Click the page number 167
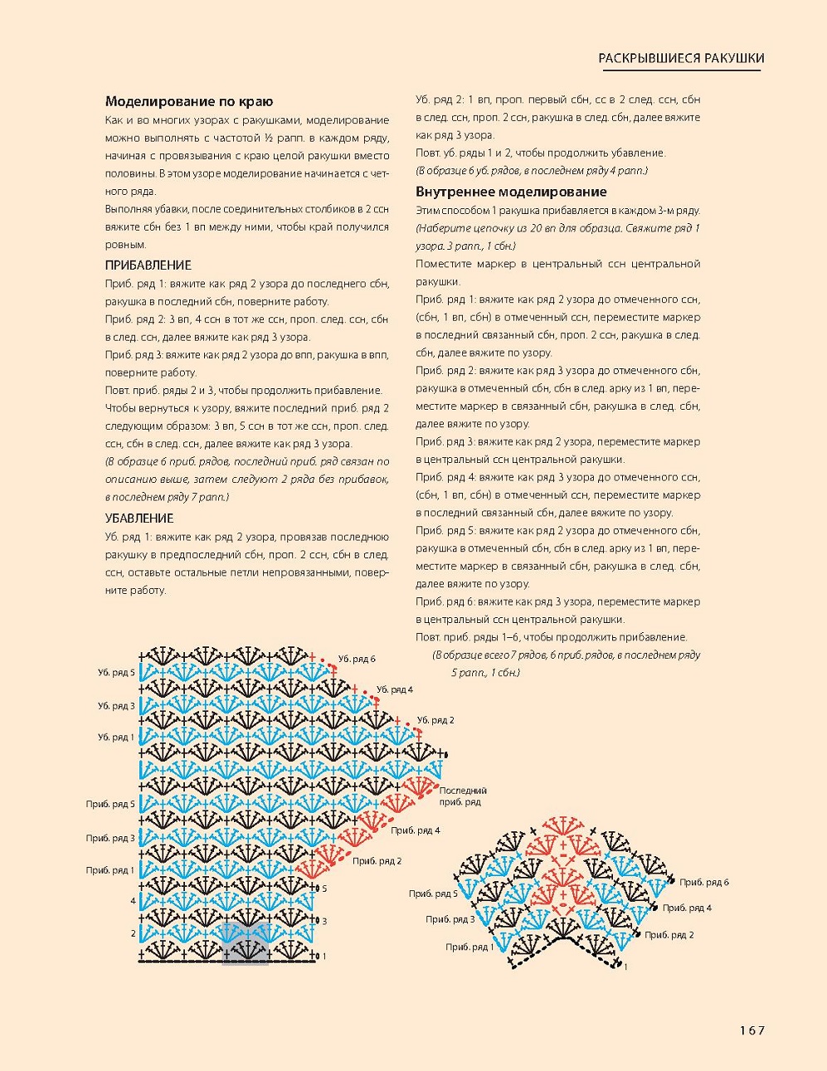pyautogui.click(x=752, y=1030)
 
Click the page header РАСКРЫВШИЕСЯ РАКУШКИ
pyautogui.click(x=681, y=58)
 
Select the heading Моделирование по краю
pyautogui.click(x=189, y=101)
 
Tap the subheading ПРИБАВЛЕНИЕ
pyautogui.click(x=148, y=265)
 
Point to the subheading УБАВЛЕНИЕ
pyautogui.click(x=139, y=518)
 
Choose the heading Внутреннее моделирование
pyautogui.click(x=511, y=192)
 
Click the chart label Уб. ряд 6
pyautogui.click(x=357, y=659)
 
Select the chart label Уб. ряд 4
pyautogui.click(x=394, y=689)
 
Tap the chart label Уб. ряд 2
pyautogui.click(x=435, y=720)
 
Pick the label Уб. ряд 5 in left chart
pyautogui.click(x=116, y=673)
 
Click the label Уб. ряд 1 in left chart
pyautogui.click(x=116, y=737)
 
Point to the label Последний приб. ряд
pyautogui.click(x=462, y=796)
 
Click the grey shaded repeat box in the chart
pyautogui.click(x=246, y=943)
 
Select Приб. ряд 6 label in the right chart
pyautogui.click(x=704, y=882)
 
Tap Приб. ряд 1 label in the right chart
pyautogui.click(x=469, y=947)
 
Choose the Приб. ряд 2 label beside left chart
pyautogui.click(x=377, y=861)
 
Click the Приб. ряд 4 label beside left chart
pyautogui.click(x=415, y=830)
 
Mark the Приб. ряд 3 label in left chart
pyautogui.click(x=110, y=838)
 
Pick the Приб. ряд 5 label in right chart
pyautogui.click(x=433, y=893)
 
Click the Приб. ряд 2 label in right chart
pyautogui.click(x=669, y=935)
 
